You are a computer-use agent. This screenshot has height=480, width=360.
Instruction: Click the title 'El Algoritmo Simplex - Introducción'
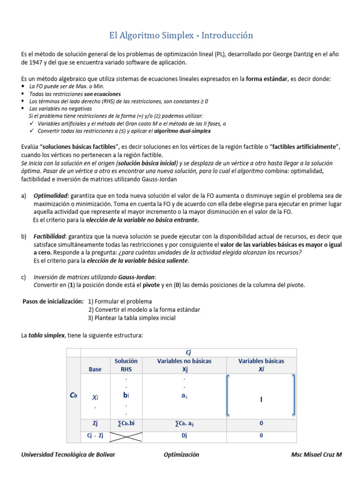pyautogui.click(x=181, y=36)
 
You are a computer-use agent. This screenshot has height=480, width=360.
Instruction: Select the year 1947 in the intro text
pyautogui.click(x=39, y=62)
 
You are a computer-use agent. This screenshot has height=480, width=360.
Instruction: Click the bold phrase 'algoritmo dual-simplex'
pyautogui.click(x=184, y=131)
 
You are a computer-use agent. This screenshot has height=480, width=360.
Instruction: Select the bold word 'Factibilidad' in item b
pyautogui.click(x=50, y=236)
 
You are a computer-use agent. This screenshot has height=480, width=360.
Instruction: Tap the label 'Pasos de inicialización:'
pyautogui.click(x=53, y=301)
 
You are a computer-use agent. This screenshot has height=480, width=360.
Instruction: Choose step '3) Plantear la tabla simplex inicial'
pyautogui.click(x=132, y=318)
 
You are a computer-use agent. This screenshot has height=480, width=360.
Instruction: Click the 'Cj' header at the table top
pyautogui.click(x=188, y=352)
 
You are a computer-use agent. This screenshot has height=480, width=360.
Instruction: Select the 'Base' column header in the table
pyautogui.click(x=95, y=369)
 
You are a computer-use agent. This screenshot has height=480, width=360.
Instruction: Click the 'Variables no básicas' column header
pyautogui.click(x=184, y=361)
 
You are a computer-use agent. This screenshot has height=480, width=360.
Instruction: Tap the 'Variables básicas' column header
pyautogui.click(x=261, y=361)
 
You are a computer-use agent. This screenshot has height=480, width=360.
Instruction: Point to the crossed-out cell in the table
pyautogui.click(x=126, y=436)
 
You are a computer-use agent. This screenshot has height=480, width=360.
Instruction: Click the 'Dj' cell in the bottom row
pyautogui.click(x=184, y=435)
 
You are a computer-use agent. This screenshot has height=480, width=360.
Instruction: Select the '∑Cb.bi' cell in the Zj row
pyautogui.click(x=126, y=423)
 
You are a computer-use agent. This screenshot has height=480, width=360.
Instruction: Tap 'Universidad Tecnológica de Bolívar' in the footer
pyautogui.click(x=68, y=455)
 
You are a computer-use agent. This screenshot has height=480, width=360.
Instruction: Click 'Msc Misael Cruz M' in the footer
pyautogui.click(x=316, y=455)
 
